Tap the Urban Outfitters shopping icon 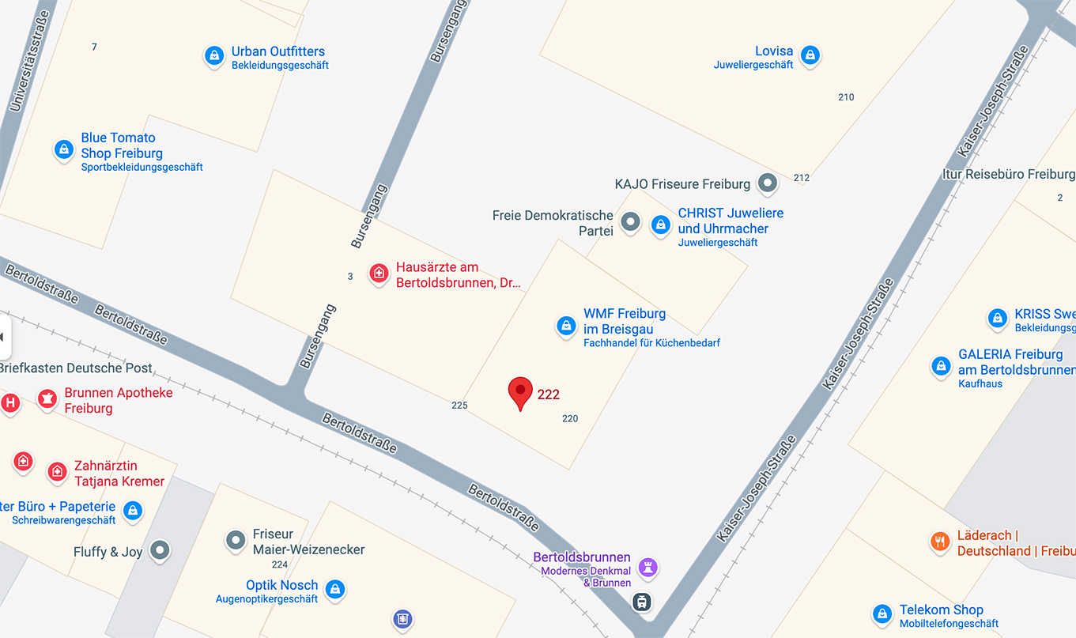(213, 55)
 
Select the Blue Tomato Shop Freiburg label (122, 145)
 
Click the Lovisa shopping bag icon (810, 55)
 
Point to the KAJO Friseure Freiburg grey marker (767, 183)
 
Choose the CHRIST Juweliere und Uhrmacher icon (660, 225)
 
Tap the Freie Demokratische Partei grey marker (630, 222)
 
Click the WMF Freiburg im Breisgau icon (566, 325)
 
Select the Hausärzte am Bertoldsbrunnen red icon (379, 274)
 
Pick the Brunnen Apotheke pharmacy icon (47, 398)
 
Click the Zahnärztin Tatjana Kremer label (119, 474)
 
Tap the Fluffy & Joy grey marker (160, 550)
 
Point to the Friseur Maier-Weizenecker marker (236, 540)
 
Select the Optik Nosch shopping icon (335, 589)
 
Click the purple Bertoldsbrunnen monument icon (648, 566)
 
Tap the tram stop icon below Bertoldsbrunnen (643, 602)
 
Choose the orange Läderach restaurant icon (939, 542)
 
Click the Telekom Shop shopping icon (882, 613)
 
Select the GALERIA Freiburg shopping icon (941, 365)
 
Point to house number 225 (459, 406)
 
